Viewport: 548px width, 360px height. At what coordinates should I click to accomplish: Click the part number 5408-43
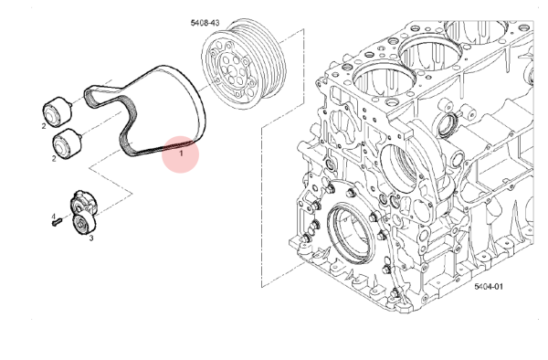coord(205,23)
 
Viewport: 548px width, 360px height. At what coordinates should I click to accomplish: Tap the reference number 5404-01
coord(489,287)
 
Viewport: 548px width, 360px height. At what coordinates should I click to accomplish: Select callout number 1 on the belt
coord(181,154)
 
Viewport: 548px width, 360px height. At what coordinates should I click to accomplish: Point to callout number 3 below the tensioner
coord(91,238)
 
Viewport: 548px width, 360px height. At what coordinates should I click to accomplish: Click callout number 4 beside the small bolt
coord(54,217)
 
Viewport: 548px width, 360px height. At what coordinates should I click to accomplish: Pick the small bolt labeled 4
coord(57,222)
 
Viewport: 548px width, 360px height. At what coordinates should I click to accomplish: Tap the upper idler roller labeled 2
coord(58,110)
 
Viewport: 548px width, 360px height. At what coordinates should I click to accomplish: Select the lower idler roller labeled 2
coord(67,143)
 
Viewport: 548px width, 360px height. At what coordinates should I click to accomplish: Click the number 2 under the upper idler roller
coord(44,126)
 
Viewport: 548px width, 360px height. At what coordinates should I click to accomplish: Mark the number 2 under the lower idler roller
coord(54,159)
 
